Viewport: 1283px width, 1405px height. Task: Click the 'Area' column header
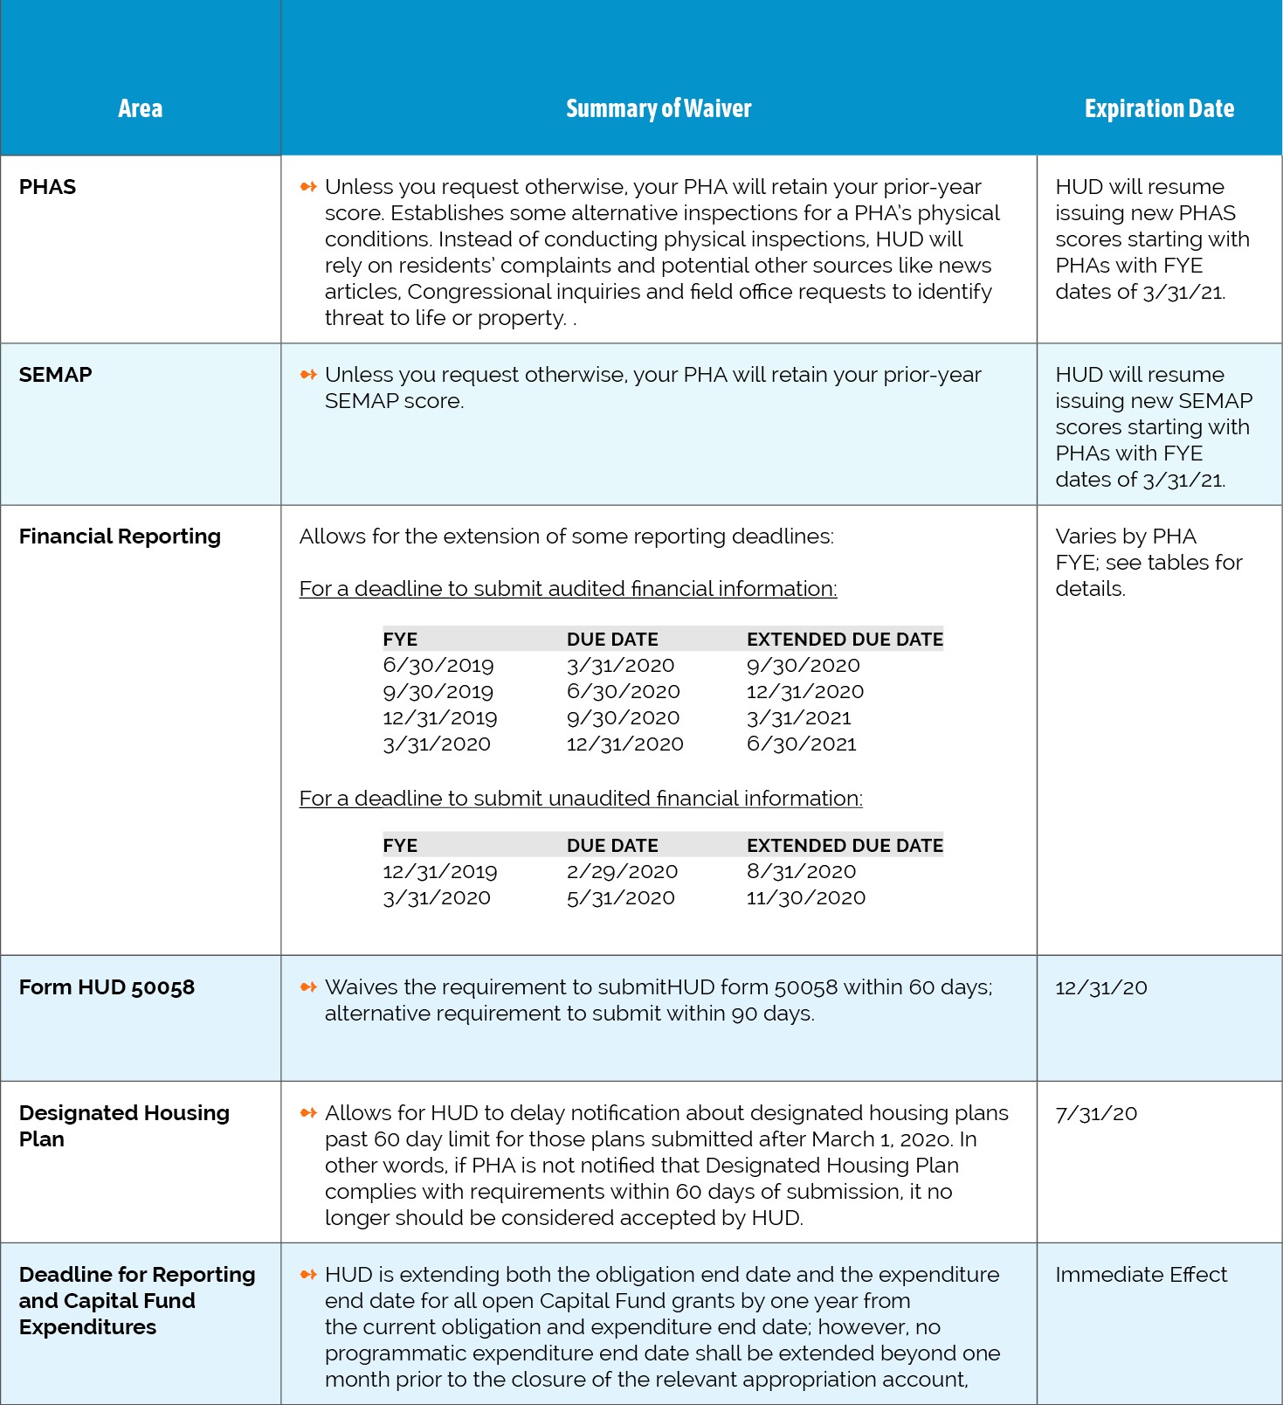pyautogui.click(x=140, y=108)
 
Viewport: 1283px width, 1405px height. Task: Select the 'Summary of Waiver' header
pyautogui.click(x=659, y=108)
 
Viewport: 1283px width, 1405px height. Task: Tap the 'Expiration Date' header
pyautogui.click(x=1159, y=108)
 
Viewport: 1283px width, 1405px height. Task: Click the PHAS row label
pyautogui.click(x=48, y=187)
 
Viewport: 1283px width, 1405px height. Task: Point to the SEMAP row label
pyautogui.click(x=55, y=375)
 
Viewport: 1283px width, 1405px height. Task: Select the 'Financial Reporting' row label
pyautogui.click(x=120, y=536)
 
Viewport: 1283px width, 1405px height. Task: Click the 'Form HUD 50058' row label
pyautogui.click(x=107, y=987)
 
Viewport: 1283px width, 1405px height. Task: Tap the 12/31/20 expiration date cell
pyautogui.click(x=1100, y=987)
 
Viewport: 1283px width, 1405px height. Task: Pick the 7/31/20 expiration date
pyautogui.click(x=1096, y=1113)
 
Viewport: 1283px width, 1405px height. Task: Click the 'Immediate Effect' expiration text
pyautogui.click(x=1141, y=1275)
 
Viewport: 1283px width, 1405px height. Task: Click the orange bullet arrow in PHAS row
pyautogui.click(x=307, y=187)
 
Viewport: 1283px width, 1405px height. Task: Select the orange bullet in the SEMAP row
pyautogui.click(x=307, y=375)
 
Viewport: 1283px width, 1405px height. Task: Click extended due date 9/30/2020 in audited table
pyautogui.click(x=803, y=666)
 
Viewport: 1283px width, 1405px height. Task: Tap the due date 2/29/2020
pyautogui.click(x=622, y=872)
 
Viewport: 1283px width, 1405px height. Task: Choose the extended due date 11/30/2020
pyautogui.click(x=805, y=898)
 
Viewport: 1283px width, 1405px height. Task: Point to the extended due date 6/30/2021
pyautogui.click(x=801, y=744)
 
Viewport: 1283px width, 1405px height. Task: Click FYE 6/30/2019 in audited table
pyautogui.click(x=438, y=666)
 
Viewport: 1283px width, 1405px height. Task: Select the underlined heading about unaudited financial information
pyautogui.click(x=581, y=799)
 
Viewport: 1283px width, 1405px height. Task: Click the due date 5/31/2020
pyautogui.click(x=620, y=898)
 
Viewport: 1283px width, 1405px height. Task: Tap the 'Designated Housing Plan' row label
pyautogui.click(x=124, y=1125)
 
